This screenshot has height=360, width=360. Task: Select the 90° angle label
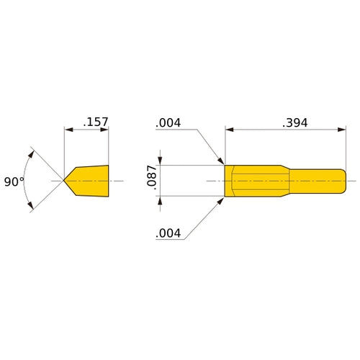coord(14,182)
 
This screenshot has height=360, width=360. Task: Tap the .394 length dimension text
coord(294,122)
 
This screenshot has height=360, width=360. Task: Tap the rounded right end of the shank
coord(345,180)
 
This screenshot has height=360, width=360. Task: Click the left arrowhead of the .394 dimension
coord(230,130)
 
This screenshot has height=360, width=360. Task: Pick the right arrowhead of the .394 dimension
coord(343,130)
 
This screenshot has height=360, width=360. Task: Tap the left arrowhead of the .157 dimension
coord(68,130)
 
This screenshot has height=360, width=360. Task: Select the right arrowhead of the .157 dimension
coord(105,130)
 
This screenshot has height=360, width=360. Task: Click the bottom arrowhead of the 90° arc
coord(31,207)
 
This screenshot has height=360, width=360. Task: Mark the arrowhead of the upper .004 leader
coord(222,161)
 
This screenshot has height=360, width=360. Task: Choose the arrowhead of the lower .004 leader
coord(222,200)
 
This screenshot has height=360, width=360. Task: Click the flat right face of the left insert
coord(108,180)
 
